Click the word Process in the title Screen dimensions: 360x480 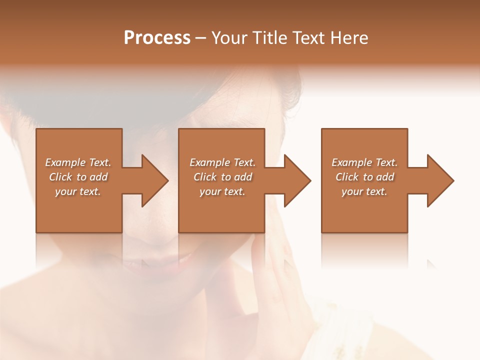coord(157,38)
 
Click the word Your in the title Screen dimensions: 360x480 coord(230,38)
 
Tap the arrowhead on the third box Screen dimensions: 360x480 coord(439,180)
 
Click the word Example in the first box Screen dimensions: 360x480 coord(65,162)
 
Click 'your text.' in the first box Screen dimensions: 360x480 coord(78,191)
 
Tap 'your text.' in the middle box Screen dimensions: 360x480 coord(222,191)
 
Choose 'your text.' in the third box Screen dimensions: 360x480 coord(364,191)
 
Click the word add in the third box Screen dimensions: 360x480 coord(385,177)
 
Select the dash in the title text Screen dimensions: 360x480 coord(201,38)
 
